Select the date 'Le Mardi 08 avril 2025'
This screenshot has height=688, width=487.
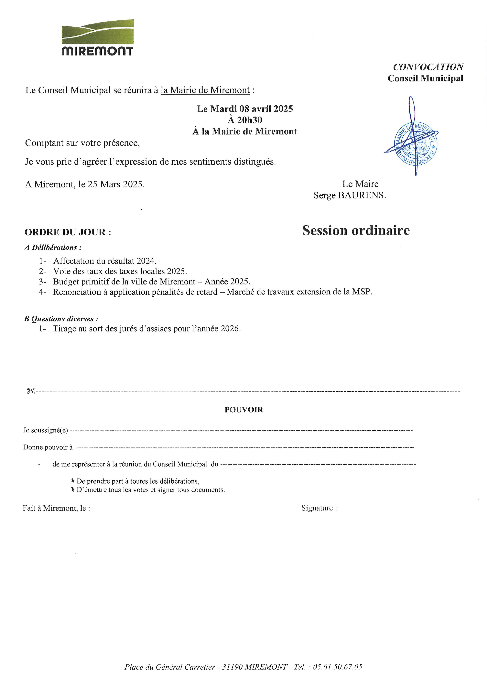[x=245, y=108]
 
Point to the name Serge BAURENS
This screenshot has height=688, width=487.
[x=350, y=195]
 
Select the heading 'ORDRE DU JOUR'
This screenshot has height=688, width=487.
[x=68, y=232]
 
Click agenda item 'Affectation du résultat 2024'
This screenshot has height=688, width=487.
[x=105, y=261]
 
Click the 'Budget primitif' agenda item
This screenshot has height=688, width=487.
[x=151, y=282]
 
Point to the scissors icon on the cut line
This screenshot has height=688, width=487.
[x=31, y=391]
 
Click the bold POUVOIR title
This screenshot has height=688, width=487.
[x=243, y=410]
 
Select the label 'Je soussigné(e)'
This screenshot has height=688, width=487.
[x=46, y=430]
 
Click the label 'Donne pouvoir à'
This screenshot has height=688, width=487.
[x=48, y=447]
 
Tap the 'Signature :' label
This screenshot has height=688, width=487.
[x=319, y=508]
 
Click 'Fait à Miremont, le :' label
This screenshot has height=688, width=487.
[x=56, y=508]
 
